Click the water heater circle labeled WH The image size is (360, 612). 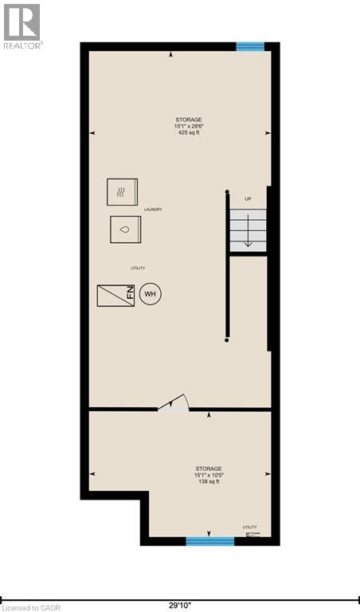[x=151, y=294]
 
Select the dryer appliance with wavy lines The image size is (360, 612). [x=123, y=192]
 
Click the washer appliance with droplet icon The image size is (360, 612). [x=125, y=229]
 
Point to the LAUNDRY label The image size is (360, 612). [x=154, y=210]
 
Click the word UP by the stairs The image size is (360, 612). [x=248, y=198]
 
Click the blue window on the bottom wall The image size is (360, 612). [x=210, y=541]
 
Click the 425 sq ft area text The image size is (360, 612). [x=188, y=133]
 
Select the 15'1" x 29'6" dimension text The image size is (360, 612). [x=189, y=127]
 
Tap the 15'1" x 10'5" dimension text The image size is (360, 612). [x=209, y=476]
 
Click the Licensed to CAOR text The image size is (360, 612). [x=32, y=607]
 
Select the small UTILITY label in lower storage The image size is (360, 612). [x=251, y=527]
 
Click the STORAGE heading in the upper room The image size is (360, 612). [x=189, y=120]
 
